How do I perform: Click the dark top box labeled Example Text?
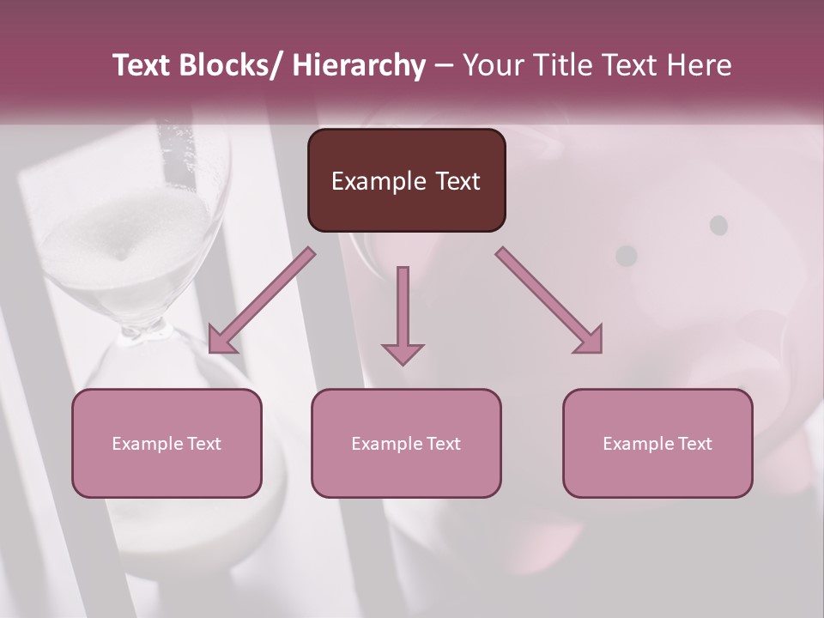pyautogui.click(x=406, y=180)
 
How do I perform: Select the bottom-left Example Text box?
pyautogui.click(x=167, y=443)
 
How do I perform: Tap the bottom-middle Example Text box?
pyautogui.click(x=406, y=443)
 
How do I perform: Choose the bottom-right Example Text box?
pyautogui.click(x=657, y=443)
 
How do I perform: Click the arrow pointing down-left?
pyautogui.click(x=262, y=301)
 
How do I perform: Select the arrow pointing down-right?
pyautogui.click(x=549, y=301)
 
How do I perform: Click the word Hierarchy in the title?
pyautogui.click(x=359, y=66)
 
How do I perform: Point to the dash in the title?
pyautogui.click(x=444, y=66)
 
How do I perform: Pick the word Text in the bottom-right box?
pyautogui.click(x=694, y=444)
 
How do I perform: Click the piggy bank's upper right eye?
pyautogui.click(x=718, y=225)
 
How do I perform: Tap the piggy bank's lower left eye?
pyautogui.click(x=627, y=255)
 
